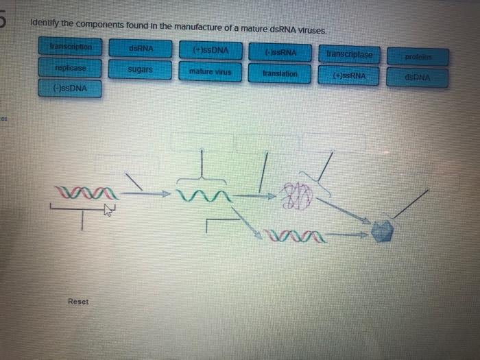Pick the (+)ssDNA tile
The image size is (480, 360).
pos(211,50)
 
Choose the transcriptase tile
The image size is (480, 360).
pos(350,53)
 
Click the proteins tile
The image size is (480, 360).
pos(417,56)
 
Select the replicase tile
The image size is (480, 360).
pos(71,69)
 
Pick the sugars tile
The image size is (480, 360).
pos(140,70)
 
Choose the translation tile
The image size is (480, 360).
pos(280,73)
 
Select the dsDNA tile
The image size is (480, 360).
pos(418,78)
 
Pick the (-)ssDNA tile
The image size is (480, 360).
pos(70,89)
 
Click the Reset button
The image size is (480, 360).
pos(78,302)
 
